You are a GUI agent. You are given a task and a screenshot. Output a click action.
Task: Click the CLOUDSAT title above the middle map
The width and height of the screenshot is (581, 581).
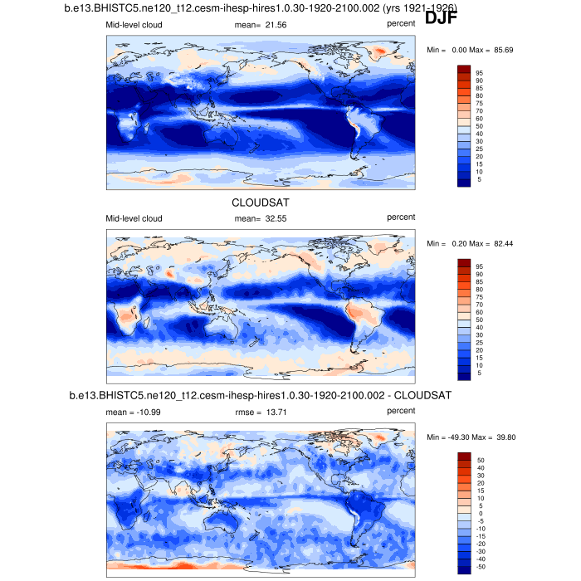tap(261, 202)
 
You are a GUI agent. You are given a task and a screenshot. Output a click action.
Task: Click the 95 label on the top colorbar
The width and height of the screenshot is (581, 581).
tap(479, 73)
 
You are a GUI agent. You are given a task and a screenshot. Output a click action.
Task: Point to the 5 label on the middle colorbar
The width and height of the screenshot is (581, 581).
tap(479, 373)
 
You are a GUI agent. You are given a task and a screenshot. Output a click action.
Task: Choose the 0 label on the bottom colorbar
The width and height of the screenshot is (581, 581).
tap(480, 513)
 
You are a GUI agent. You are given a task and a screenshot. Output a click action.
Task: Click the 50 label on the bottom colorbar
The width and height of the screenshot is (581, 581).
tap(480, 459)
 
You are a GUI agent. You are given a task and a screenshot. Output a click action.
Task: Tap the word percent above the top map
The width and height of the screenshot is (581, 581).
tap(401, 24)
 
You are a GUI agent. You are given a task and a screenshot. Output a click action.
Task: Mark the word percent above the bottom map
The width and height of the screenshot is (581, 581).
tap(401, 411)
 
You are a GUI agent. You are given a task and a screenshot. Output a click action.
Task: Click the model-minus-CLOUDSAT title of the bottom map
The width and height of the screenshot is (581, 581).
tap(261, 395)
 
